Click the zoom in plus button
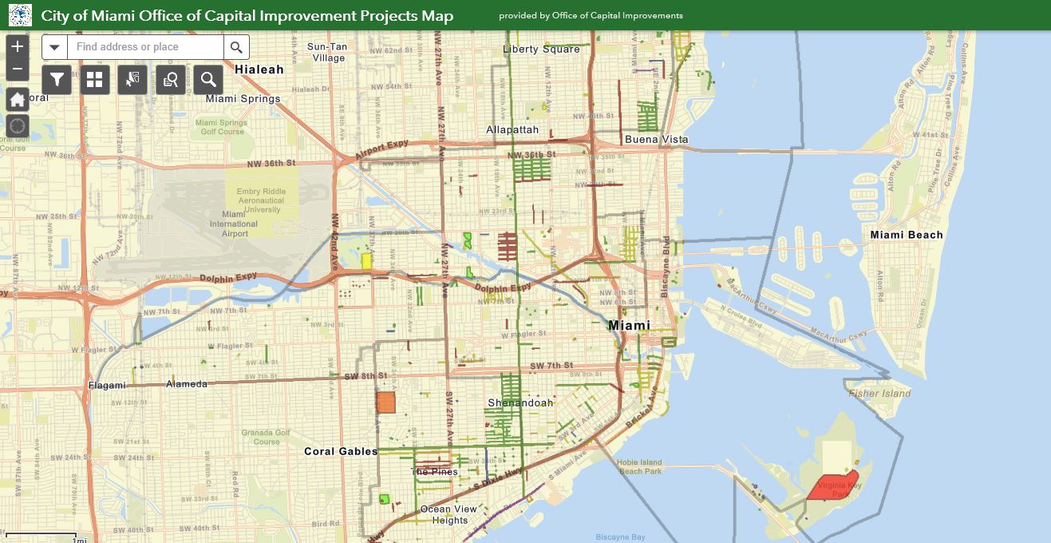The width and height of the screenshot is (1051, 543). click(18, 46)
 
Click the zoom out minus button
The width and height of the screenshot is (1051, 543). click(18, 69)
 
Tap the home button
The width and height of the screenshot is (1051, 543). click(18, 100)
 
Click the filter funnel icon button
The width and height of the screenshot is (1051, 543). click(57, 79)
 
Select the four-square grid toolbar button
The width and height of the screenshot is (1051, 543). click(95, 79)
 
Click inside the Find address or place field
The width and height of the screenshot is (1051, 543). click(145, 47)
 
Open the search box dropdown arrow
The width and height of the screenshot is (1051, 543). click(54, 47)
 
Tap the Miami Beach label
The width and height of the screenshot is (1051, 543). click(906, 235)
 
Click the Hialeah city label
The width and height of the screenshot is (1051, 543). click(259, 69)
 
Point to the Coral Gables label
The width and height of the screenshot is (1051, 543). click(341, 451)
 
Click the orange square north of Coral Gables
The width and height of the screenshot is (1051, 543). click(385, 402)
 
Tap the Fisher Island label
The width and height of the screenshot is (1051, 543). click(879, 393)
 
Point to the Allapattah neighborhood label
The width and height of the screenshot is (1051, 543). click(512, 129)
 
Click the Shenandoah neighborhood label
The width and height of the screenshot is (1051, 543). click(520, 402)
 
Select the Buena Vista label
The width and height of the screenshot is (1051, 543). click(656, 139)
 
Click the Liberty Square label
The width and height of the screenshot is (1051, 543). click(541, 49)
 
